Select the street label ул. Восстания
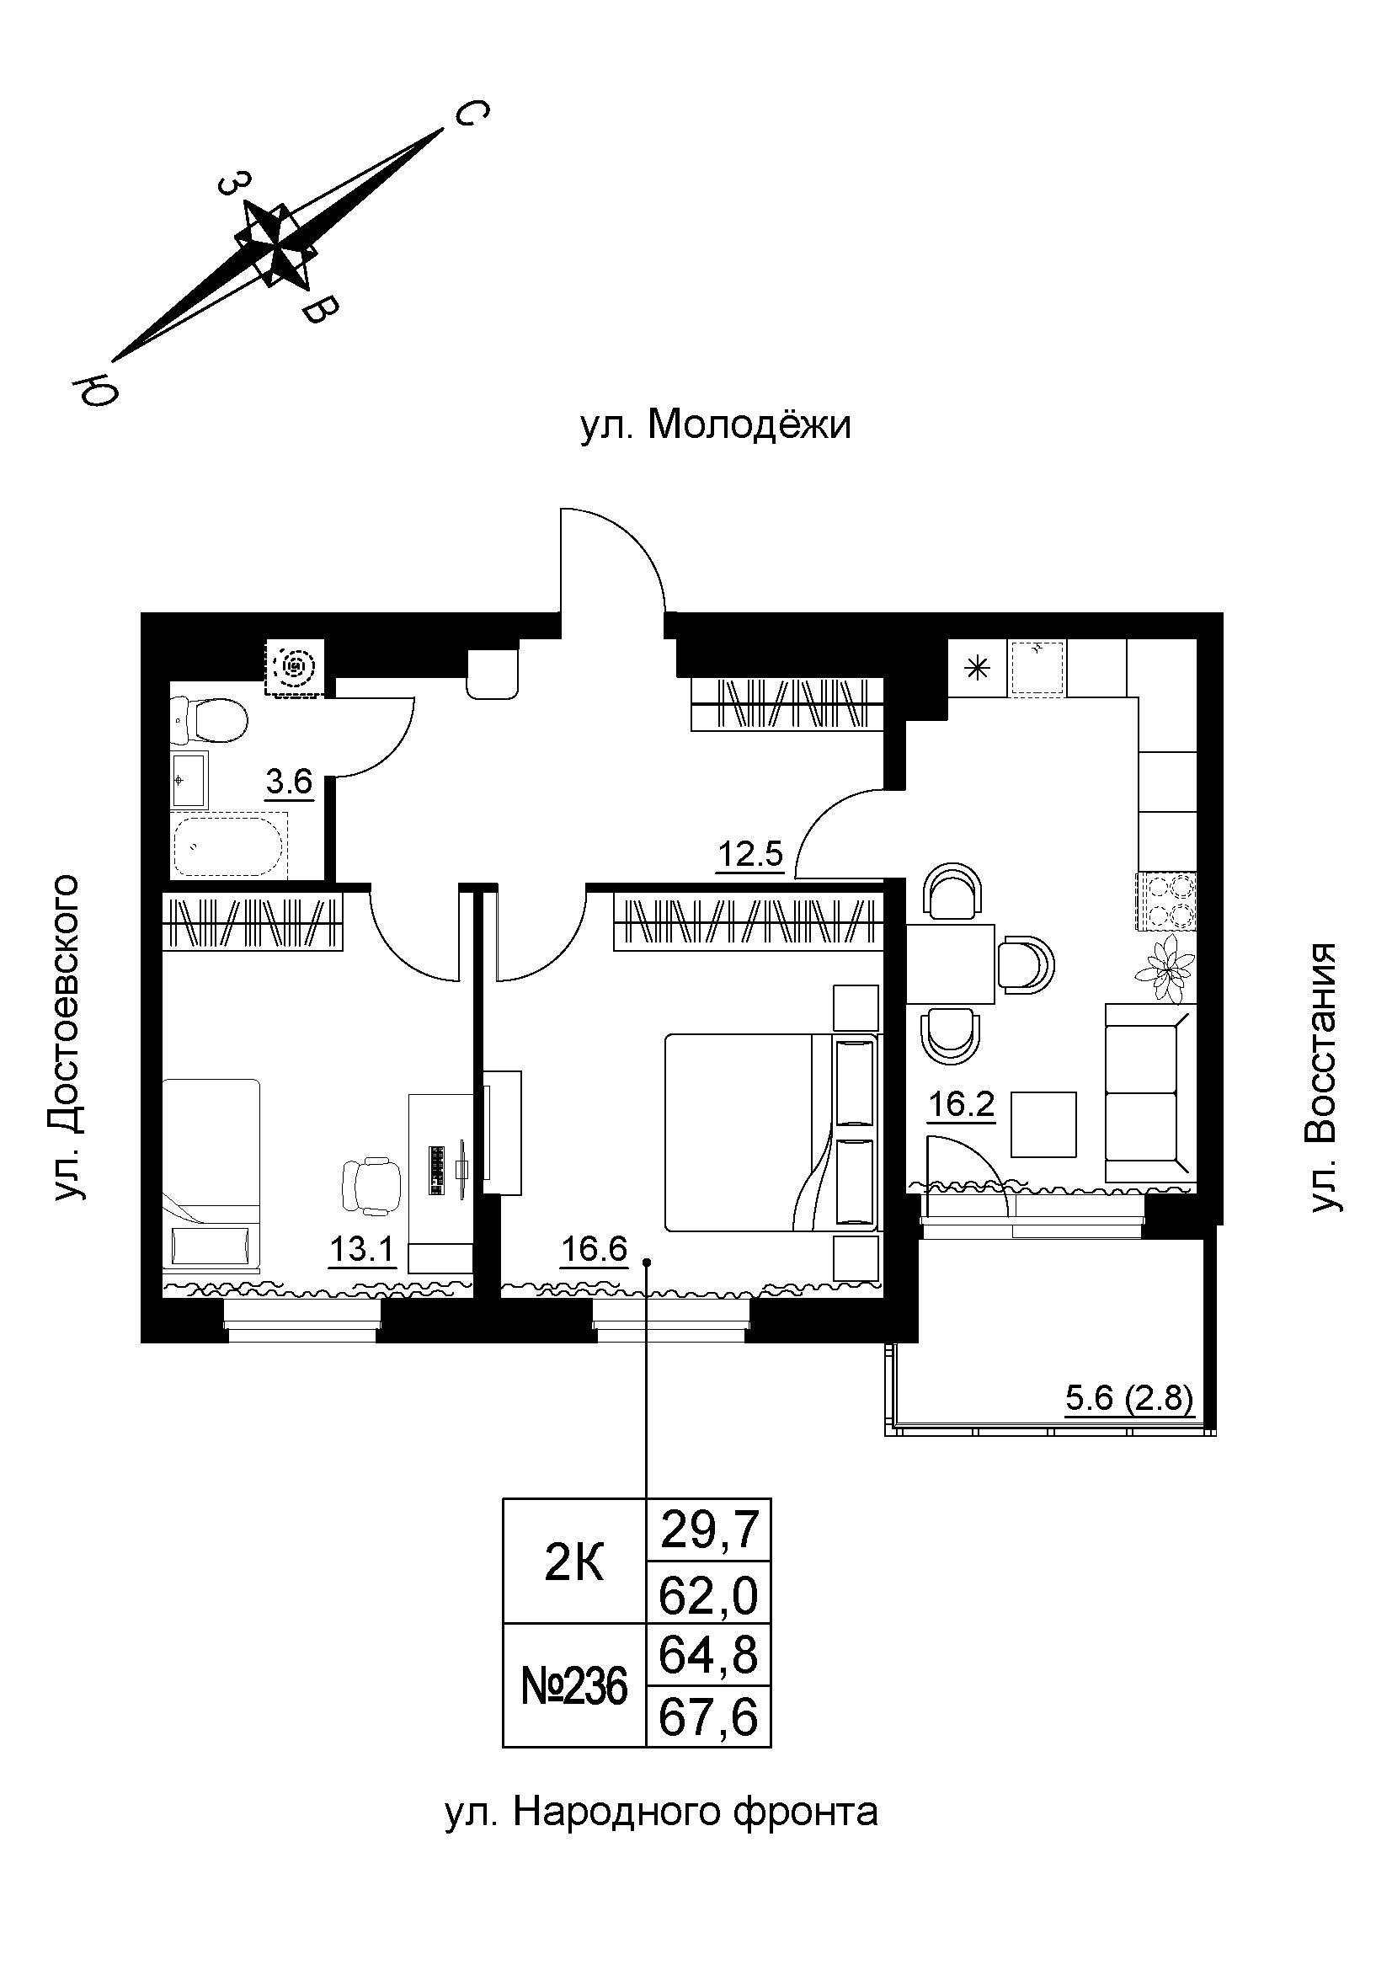click(1325, 1078)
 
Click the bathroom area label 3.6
click(289, 783)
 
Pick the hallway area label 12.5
click(750, 856)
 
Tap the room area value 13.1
click(361, 1249)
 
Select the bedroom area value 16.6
click(594, 1249)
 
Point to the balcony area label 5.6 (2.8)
click(1128, 1399)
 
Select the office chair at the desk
click(371, 1185)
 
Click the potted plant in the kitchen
click(1165, 967)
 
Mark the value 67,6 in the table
click(708, 1719)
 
